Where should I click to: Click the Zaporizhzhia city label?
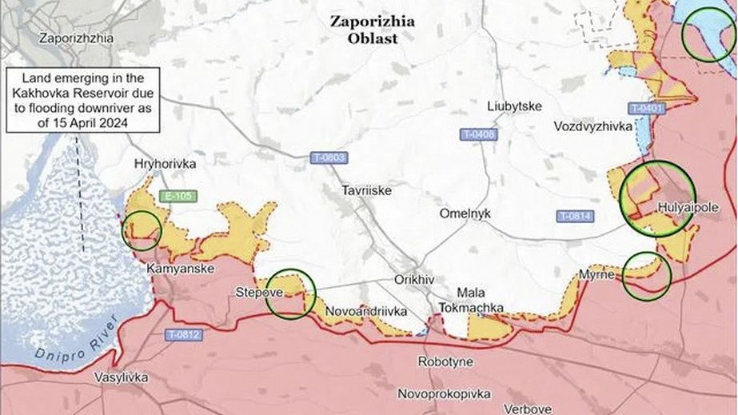pyautogui.click(x=77, y=38)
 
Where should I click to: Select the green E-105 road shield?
pyautogui.click(x=177, y=196)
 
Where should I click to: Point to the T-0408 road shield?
pyautogui.click(x=477, y=134)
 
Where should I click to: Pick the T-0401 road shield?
pyautogui.click(x=647, y=108)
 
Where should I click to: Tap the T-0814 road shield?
pyautogui.click(x=575, y=216)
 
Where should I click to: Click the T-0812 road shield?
pyautogui.click(x=184, y=335)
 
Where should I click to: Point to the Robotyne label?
pyautogui.click(x=445, y=362)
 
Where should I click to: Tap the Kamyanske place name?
pyautogui.click(x=180, y=269)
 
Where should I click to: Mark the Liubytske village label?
pyautogui.click(x=514, y=106)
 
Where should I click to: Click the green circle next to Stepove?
pyautogui.click(x=290, y=293)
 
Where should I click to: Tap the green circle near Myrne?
pyautogui.click(x=646, y=276)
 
